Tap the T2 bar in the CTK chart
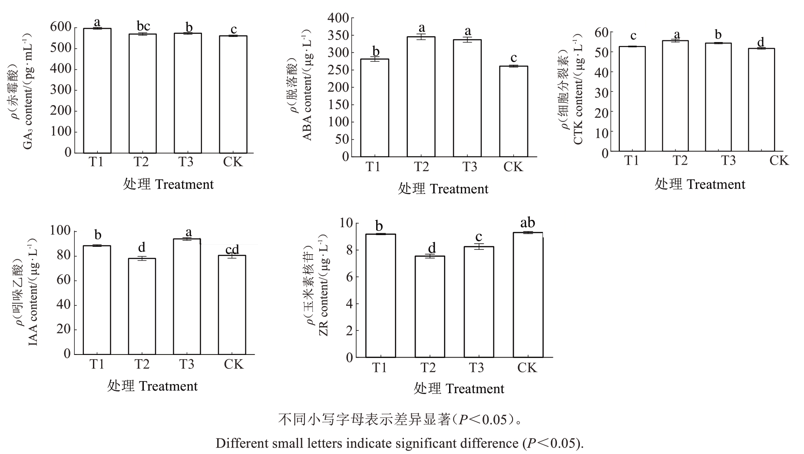click(x=675, y=96)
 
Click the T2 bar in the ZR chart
click(x=430, y=307)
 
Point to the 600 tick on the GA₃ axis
click(x=61, y=27)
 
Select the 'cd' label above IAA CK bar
click(x=232, y=249)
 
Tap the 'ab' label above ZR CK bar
click(x=527, y=223)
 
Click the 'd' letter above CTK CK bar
click(x=761, y=42)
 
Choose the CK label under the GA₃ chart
click(x=233, y=162)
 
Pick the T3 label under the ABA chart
click(x=469, y=167)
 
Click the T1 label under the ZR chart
click(x=379, y=368)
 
